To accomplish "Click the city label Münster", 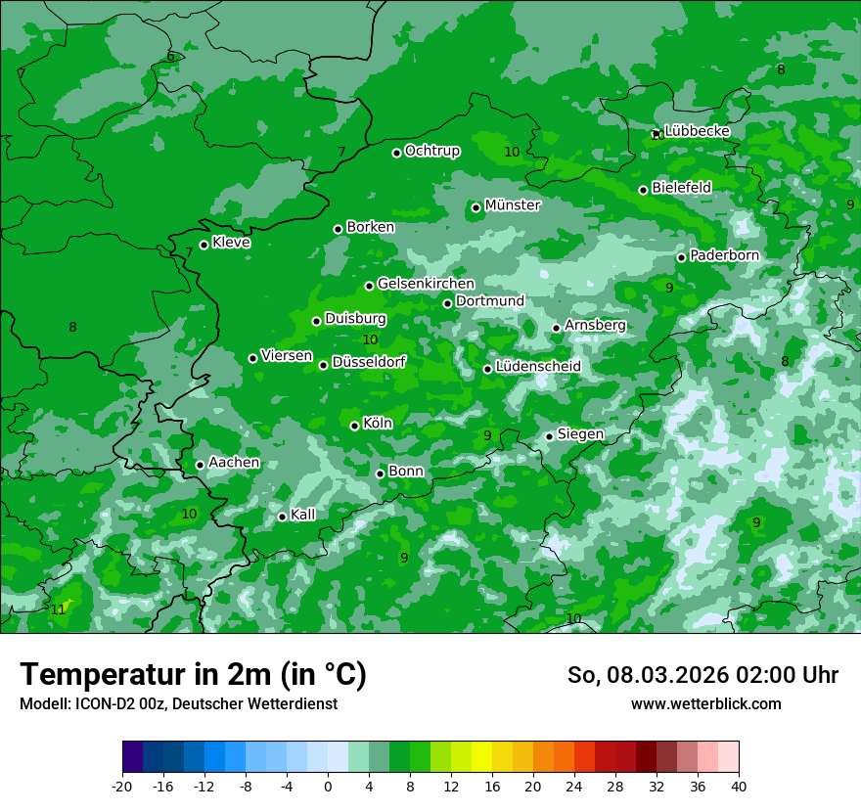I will click(512, 205).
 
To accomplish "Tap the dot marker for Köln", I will click(354, 426).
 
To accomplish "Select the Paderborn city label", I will click(724, 255).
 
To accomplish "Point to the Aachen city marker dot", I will click(200, 465).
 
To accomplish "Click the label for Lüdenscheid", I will click(538, 367).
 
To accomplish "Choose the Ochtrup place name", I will click(431, 151).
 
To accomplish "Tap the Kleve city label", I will click(231, 243).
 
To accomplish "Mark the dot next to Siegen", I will click(549, 436).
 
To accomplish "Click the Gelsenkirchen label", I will click(426, 284).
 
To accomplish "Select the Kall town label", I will click(302, 515).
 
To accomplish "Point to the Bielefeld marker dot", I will click(643, 190).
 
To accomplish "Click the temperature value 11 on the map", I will click(58, 609).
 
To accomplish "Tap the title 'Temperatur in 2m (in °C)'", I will click(193, 675).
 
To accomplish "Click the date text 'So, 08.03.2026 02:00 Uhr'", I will click(702, 675).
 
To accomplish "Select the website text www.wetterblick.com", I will click(705, 703).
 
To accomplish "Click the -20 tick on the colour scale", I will click(122, 786).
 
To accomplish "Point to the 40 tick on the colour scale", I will click(739, 786).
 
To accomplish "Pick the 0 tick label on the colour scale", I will click(328, 786).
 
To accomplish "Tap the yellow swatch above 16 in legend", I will click(481, 757).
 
